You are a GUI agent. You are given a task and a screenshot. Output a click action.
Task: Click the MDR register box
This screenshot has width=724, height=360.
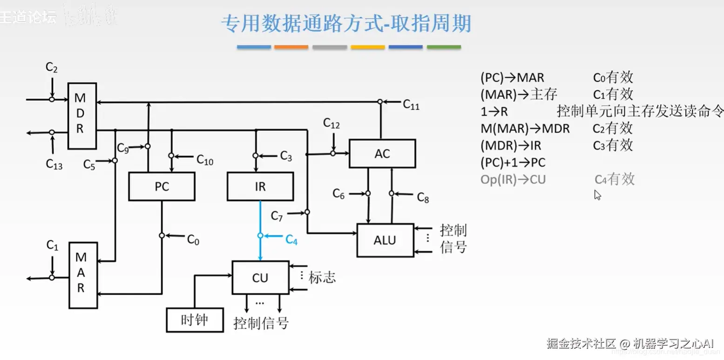pyautogui.click(x=82, y=116)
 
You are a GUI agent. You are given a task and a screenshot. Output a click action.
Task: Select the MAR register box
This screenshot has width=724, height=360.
pyautogui.click(x=83, y=275)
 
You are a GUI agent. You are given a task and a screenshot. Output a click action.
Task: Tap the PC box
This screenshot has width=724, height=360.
pyautogui.click(x=162, y=186)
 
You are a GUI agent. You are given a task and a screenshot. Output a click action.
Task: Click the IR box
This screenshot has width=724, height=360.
pyautogui.click(x=260, y=186)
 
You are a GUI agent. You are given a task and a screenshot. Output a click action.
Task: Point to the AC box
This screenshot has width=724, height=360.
pyautogui.click(x=382, y=154)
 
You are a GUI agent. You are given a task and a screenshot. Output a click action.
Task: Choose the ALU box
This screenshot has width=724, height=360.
pyautogui.click(x=385, y=240)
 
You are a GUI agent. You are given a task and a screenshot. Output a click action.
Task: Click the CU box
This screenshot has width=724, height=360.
pyautogui.click(x=260, y=278)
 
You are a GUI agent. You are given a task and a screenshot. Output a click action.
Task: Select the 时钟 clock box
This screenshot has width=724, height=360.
pyautogui.click(x=195, y=320)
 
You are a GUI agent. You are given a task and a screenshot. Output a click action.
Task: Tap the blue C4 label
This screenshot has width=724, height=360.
pyautogui.click(x=291, y=239)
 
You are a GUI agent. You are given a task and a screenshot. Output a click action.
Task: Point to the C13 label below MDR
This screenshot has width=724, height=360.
pyautogui.click(x=54, y=164)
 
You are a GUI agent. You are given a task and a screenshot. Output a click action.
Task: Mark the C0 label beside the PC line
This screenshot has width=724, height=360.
pyautogui.click(x=193, y=240)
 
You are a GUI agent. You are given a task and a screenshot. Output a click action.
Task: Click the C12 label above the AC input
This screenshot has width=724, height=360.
pyautogui.click(x=332, y=124)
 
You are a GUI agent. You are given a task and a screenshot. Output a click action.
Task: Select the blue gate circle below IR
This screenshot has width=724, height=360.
pyautogui.click(x=260, y=236)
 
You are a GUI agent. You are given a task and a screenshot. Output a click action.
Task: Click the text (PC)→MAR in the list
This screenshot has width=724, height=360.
pyautogui.click(x=512, y=78)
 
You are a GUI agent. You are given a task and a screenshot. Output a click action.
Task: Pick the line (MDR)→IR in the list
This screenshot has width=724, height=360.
pyautogui.click(x=511, y=146)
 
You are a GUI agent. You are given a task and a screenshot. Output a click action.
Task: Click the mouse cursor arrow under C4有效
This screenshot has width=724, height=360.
pyautogui.click(x=597, y=195)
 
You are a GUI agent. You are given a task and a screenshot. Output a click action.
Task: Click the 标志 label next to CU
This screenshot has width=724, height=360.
pyautogui.click(x=322, y=278)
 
